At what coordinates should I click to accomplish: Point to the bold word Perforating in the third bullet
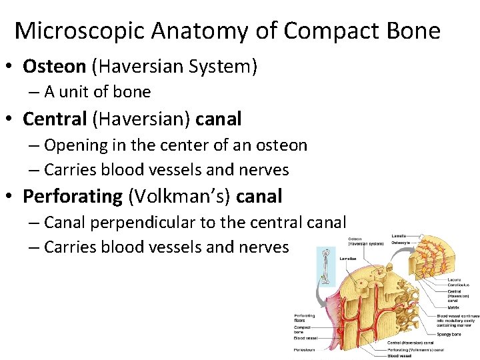point(73,196)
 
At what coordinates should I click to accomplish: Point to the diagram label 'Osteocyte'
point(401,243)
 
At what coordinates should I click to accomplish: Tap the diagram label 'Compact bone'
point(303,329)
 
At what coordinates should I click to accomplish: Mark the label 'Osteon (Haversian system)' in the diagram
point(365,241)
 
